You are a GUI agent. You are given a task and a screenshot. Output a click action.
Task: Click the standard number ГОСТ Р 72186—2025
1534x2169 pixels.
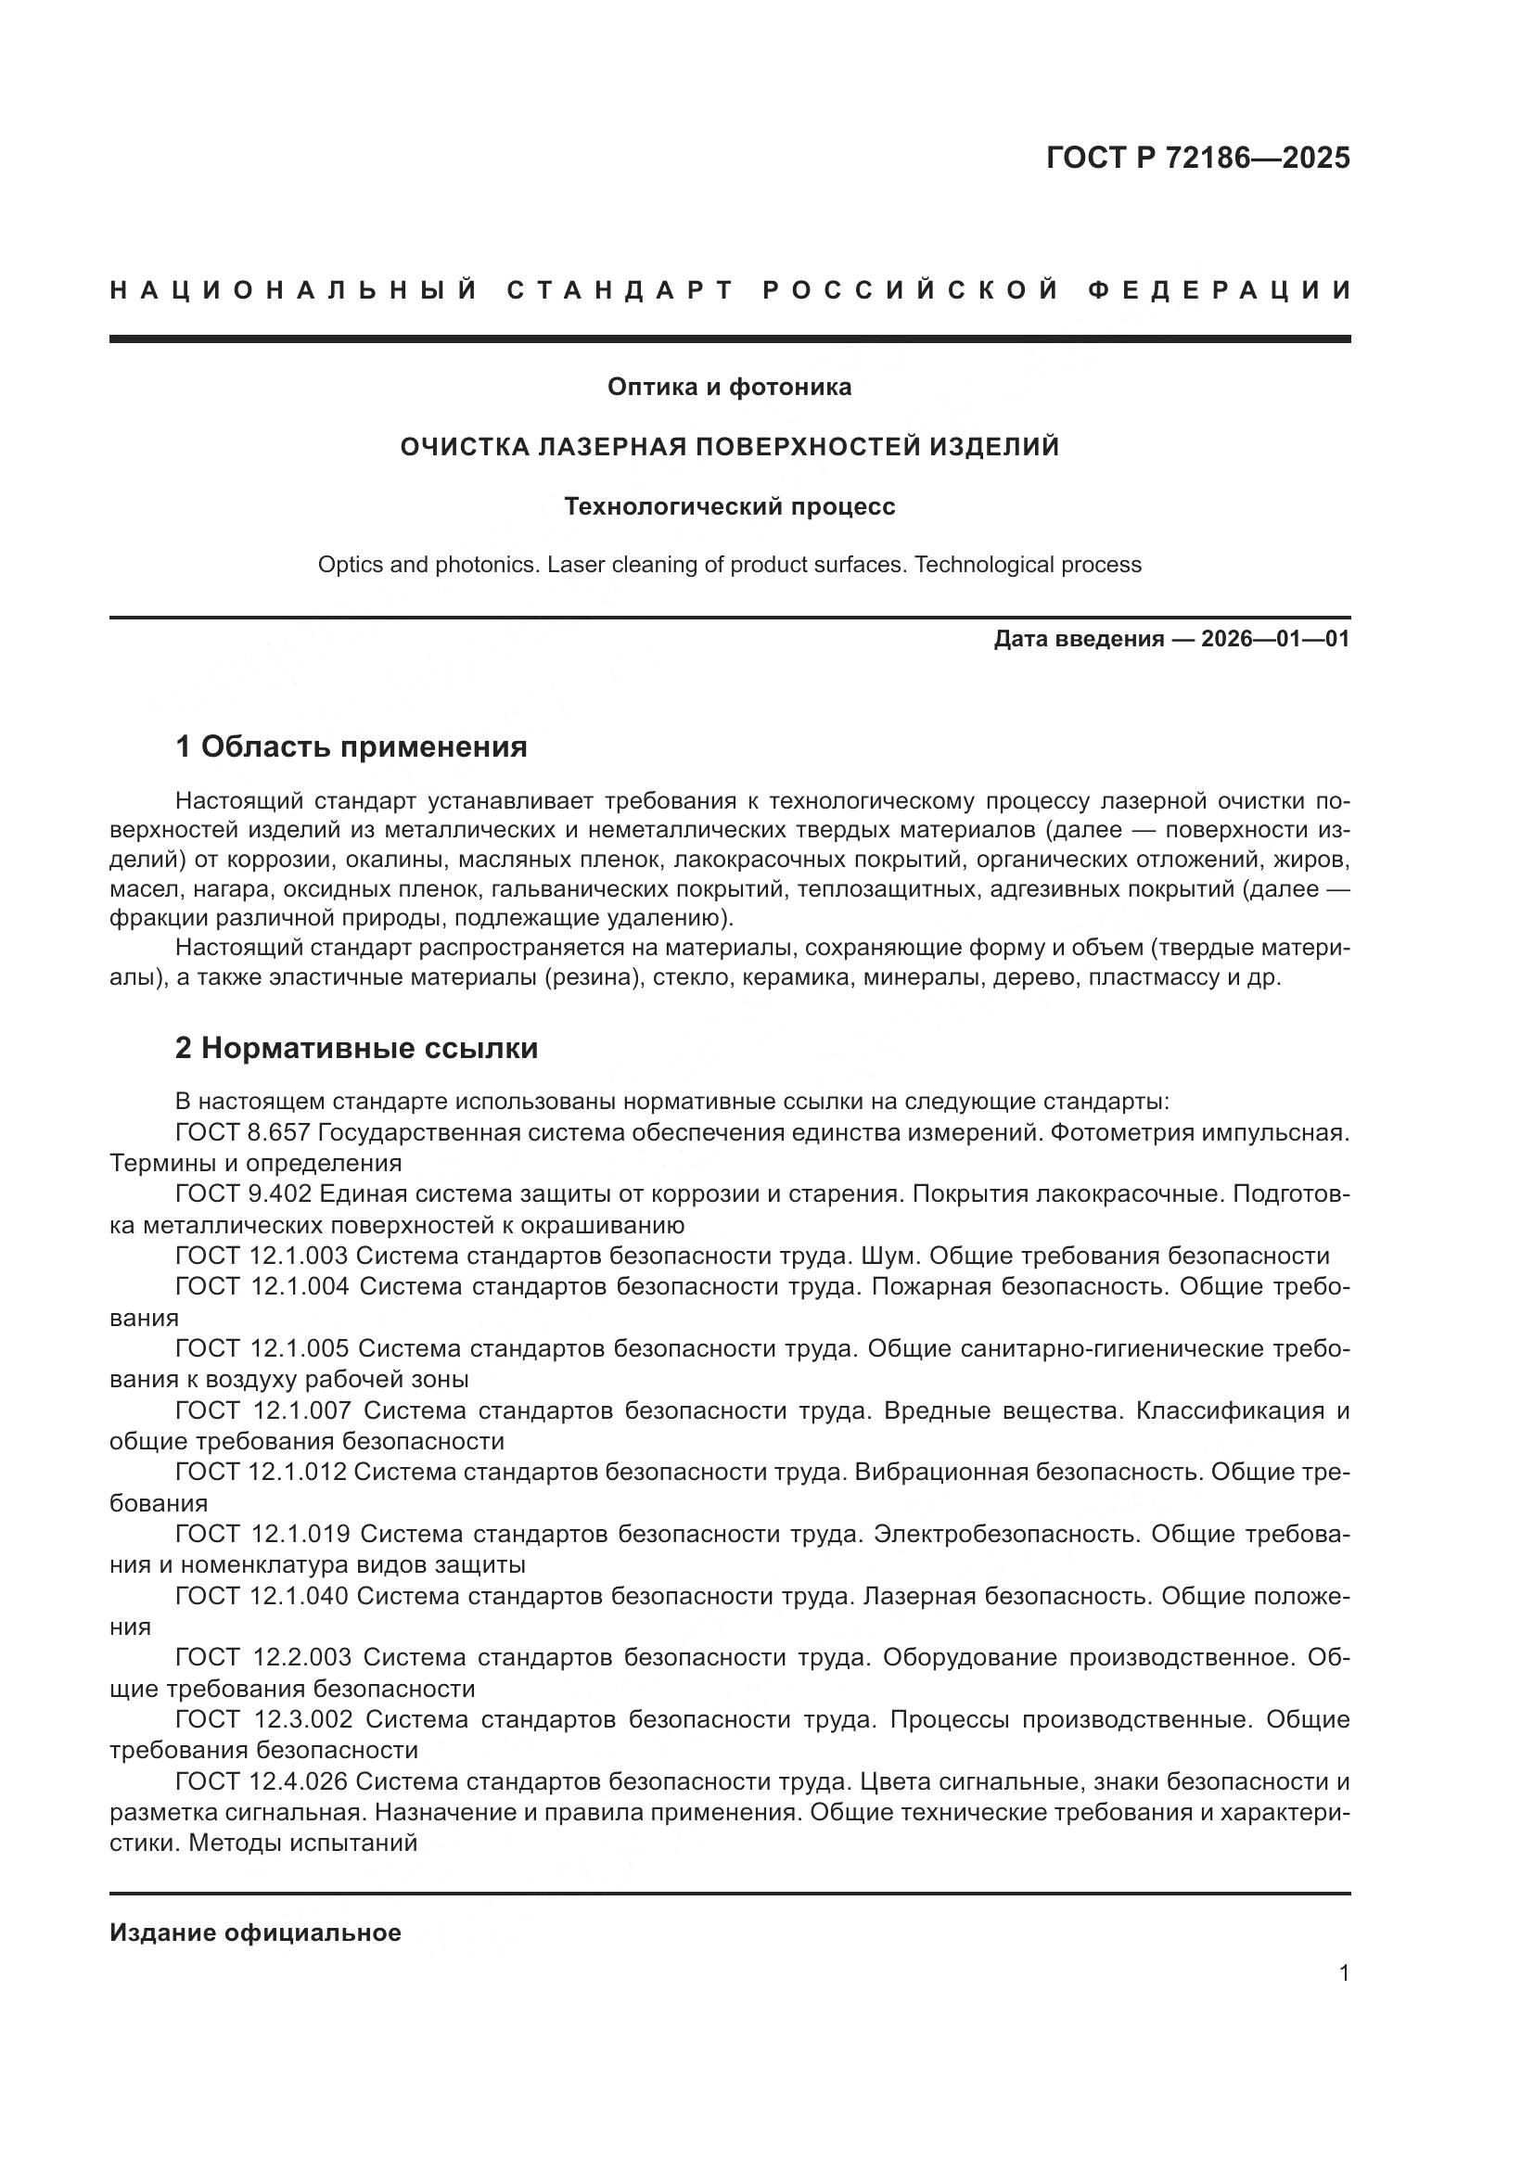click(x=1196, y=158)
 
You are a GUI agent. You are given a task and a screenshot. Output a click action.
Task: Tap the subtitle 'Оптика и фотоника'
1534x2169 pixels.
click(x=729, y=387)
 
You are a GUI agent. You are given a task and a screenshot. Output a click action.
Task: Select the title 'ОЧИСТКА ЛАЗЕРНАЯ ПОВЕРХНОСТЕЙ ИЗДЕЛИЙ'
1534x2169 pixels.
click(x=729, y=447)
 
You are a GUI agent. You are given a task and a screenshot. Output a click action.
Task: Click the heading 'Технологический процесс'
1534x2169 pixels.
click(x=729, y=507)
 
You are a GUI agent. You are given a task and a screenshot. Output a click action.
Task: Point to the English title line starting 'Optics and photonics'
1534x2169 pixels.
click(x=729, y=565)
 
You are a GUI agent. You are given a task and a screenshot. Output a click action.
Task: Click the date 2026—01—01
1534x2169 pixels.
click(x=1275, y=640)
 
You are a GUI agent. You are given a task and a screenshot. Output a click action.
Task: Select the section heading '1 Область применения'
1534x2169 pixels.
click(x=352, y=747)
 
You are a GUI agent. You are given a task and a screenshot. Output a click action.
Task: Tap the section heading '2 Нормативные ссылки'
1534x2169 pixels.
click(x=357, y=1049)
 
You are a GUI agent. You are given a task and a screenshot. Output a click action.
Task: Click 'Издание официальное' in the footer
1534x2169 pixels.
click(x=255, y=1933)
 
